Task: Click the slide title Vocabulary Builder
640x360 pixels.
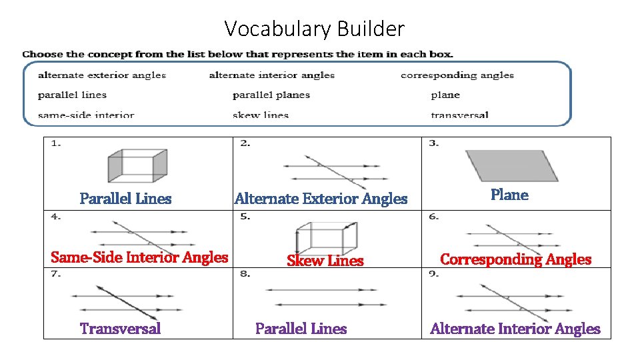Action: [x=314, y=29]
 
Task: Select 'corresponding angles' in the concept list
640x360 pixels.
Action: [x=457, y=75]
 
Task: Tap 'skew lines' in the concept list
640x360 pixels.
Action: [x=261, y=115]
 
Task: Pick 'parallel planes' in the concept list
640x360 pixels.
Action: [x=271, y=95]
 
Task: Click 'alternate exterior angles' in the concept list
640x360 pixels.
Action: [x=102, y=75]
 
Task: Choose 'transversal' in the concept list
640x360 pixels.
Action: [x=459, y=115]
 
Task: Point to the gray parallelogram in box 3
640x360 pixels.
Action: [x=511, y=165]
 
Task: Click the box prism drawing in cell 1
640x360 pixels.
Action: [x=137, y=165]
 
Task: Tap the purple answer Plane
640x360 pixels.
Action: [x=509, y=195]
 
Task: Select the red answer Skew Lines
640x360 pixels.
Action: [x=325, y=261]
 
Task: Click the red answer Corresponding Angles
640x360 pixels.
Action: [x=515, y=259]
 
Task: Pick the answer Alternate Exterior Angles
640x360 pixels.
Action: [x=321, y=199]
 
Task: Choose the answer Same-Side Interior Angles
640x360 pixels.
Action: [x=139, y=257]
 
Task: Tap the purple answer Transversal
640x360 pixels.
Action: [x=120, y=329]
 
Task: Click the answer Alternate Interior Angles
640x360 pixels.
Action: [x=515, y=329]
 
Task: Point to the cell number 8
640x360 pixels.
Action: [x=245, y=274]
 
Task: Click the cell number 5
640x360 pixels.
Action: [x=245, y=216]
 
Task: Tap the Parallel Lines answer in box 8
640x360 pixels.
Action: [x=301, y=329]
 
